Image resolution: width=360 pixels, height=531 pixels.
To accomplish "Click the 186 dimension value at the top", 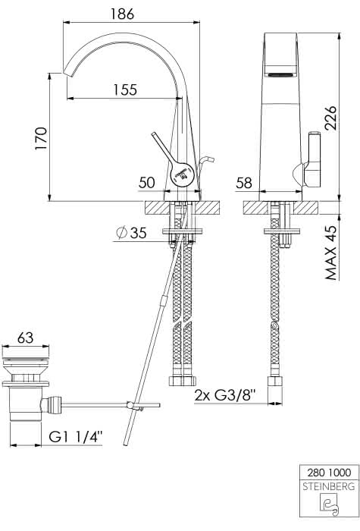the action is coord(122,14).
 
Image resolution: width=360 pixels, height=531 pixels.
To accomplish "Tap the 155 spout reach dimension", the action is coord(125,90).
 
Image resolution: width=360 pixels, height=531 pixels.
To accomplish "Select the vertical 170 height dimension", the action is coord(41,139).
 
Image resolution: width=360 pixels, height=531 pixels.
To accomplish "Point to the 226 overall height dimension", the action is coord(330,118).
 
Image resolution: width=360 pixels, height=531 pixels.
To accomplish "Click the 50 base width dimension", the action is coord(146,183).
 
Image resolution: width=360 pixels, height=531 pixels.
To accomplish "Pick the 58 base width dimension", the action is coord(244,184).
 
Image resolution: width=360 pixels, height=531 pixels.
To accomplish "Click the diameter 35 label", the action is coord(131,233).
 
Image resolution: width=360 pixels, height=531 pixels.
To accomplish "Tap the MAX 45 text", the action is coord(332,253).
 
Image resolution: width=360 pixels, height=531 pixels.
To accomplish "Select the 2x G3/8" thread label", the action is coord(225,395).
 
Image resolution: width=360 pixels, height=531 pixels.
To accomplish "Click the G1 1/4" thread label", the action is coord(76,437).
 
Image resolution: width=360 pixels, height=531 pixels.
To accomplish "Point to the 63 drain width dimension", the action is coord(25,338).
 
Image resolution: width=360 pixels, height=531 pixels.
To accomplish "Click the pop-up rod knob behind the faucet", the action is coord(207,159).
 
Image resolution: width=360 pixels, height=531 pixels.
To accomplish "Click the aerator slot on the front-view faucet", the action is coord(280,75).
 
